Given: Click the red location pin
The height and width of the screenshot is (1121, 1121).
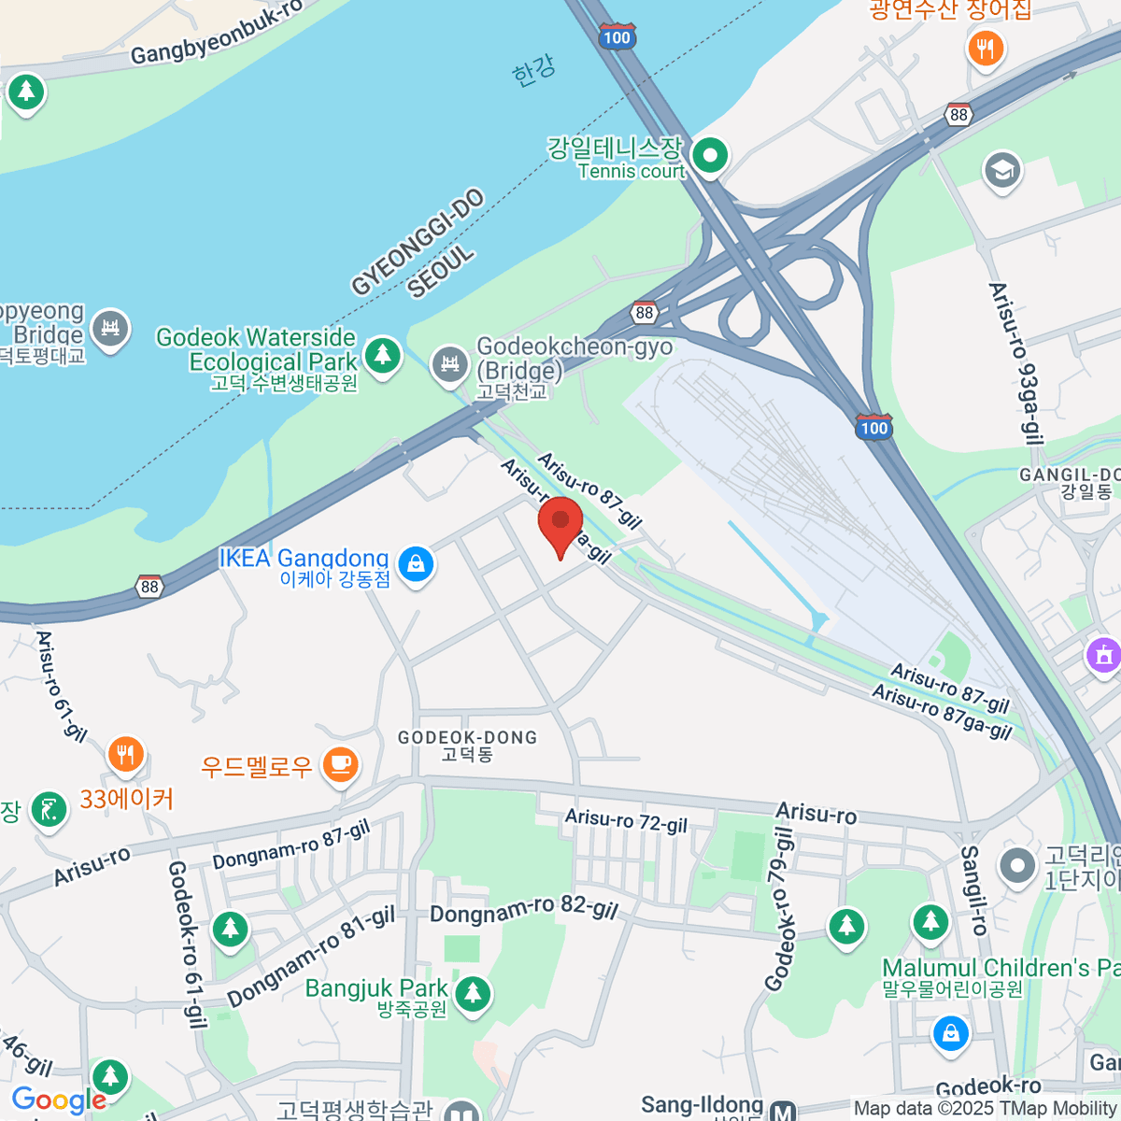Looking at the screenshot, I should [x=560, y=523].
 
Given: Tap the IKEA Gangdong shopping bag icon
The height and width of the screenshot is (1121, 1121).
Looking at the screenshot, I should [x=416, y=564].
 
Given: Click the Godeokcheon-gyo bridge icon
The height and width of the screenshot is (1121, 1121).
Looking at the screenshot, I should [x=449, y=363].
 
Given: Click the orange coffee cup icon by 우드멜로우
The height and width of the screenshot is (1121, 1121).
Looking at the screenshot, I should [x=341, y=765].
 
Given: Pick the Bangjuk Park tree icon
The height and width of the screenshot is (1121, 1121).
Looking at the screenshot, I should [x=472, y=992].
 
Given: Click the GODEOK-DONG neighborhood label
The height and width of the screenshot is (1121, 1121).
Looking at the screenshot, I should [x=467, y=745].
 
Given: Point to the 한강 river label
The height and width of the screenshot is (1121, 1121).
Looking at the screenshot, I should [x=533, y=71].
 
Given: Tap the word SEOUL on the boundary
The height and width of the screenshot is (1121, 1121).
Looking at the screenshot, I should [x=442, y=273].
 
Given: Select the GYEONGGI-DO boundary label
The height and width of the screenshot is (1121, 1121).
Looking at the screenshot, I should [x=418, y=241].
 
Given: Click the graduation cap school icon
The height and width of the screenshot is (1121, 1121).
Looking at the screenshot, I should [x=1002, y=170].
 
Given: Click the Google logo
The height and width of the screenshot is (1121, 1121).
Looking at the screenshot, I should [x=58, y=1100].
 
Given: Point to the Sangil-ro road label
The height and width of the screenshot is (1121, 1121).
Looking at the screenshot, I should [x=972, y=889].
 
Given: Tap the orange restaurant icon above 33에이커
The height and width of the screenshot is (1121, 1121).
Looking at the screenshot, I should [x=125, y=754].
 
